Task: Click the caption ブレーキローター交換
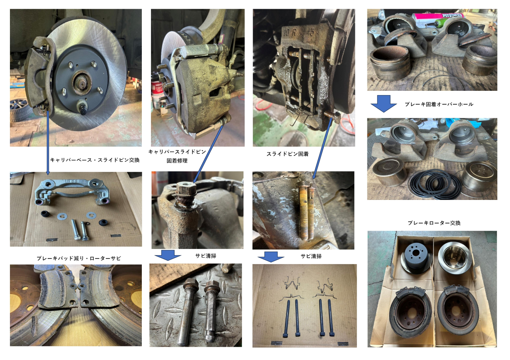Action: click(x=434, y=223)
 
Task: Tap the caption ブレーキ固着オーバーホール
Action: click(x=439, y=104)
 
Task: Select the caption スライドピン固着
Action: click(x=288, y=154)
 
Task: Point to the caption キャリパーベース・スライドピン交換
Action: click(x=95, y=160)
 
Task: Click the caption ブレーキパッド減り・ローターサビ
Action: click(x=79, y=258)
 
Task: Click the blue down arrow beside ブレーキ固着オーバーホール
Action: click(x=384, y=104)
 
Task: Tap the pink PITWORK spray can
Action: click(x=437, y=19)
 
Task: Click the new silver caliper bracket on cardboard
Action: click(x=73, y=192)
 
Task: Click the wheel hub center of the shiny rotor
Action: click(x=82, y=81)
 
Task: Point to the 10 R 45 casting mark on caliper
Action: click(x=298, y=32)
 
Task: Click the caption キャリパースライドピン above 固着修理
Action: click(x=177, y=152)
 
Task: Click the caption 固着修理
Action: click(x=177, y=161)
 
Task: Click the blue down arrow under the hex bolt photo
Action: click(x=168, y=255)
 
